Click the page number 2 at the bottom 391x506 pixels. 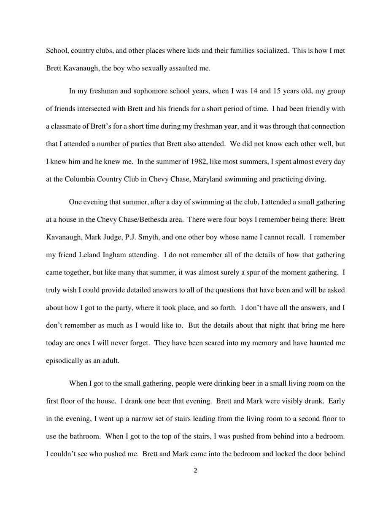coord(195,471)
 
